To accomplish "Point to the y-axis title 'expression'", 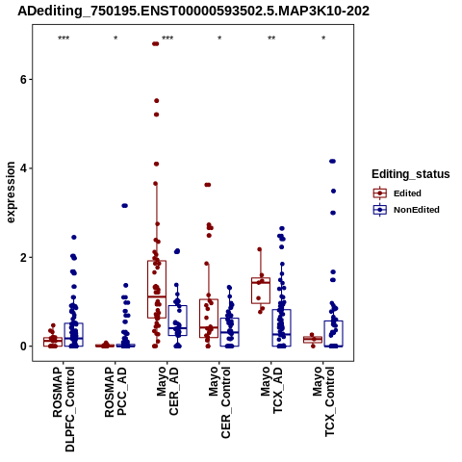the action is [x=11, y=192].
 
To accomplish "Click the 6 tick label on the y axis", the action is [x=23, y=80].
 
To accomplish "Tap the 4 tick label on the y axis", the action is [x=23, y=168].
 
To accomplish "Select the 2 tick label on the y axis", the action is [x=23, y=258].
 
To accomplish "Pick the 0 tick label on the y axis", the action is [x=23, y=346].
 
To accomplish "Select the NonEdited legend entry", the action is [x=406, y=210].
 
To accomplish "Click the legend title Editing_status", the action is [x=411, y=174].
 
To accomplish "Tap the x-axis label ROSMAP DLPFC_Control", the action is [x=64, y=409].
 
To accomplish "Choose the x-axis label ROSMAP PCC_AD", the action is [x=115, y=392].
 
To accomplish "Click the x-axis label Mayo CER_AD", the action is [x=167, y=391].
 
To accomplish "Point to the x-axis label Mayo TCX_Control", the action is [x=323, y=401].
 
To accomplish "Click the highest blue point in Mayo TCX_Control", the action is [x=332, y=161].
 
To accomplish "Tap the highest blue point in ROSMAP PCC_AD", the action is [x=124, y=206].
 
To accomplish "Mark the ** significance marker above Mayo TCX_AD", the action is [x=271, y=38].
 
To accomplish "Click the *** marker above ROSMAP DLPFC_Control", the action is [x=64, y=38].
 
